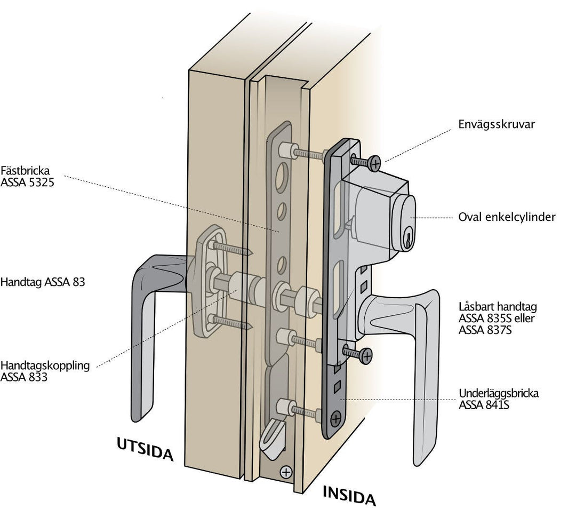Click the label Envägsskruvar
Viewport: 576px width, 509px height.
point(496,124)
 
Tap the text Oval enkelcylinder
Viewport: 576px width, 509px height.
point(507,217)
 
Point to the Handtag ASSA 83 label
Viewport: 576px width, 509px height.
point(43,282)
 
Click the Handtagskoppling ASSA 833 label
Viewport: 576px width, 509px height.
point(45,371)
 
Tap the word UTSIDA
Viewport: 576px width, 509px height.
point(145,449)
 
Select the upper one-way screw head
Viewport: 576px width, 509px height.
point(375,163)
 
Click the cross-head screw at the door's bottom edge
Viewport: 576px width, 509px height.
point(286,472)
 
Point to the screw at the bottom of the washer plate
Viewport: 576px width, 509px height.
point(335,419)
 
